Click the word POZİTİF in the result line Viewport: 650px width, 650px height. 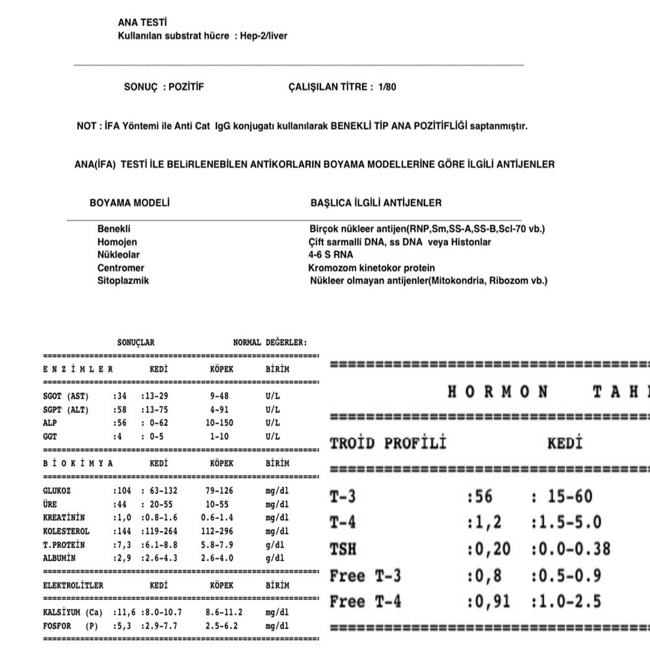point(186,86)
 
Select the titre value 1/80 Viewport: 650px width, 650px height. point(387,86)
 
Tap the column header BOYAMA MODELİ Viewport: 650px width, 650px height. point(129,203)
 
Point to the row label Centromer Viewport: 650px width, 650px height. point(121,268)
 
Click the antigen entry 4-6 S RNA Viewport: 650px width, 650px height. point(331,255)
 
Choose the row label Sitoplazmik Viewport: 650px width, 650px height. point(123,281)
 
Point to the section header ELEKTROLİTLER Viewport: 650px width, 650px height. point(73,585)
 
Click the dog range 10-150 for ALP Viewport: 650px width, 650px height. point(219,423)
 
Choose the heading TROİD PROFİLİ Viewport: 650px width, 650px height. point(389,444)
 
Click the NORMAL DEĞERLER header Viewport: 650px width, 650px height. point(270,343)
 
